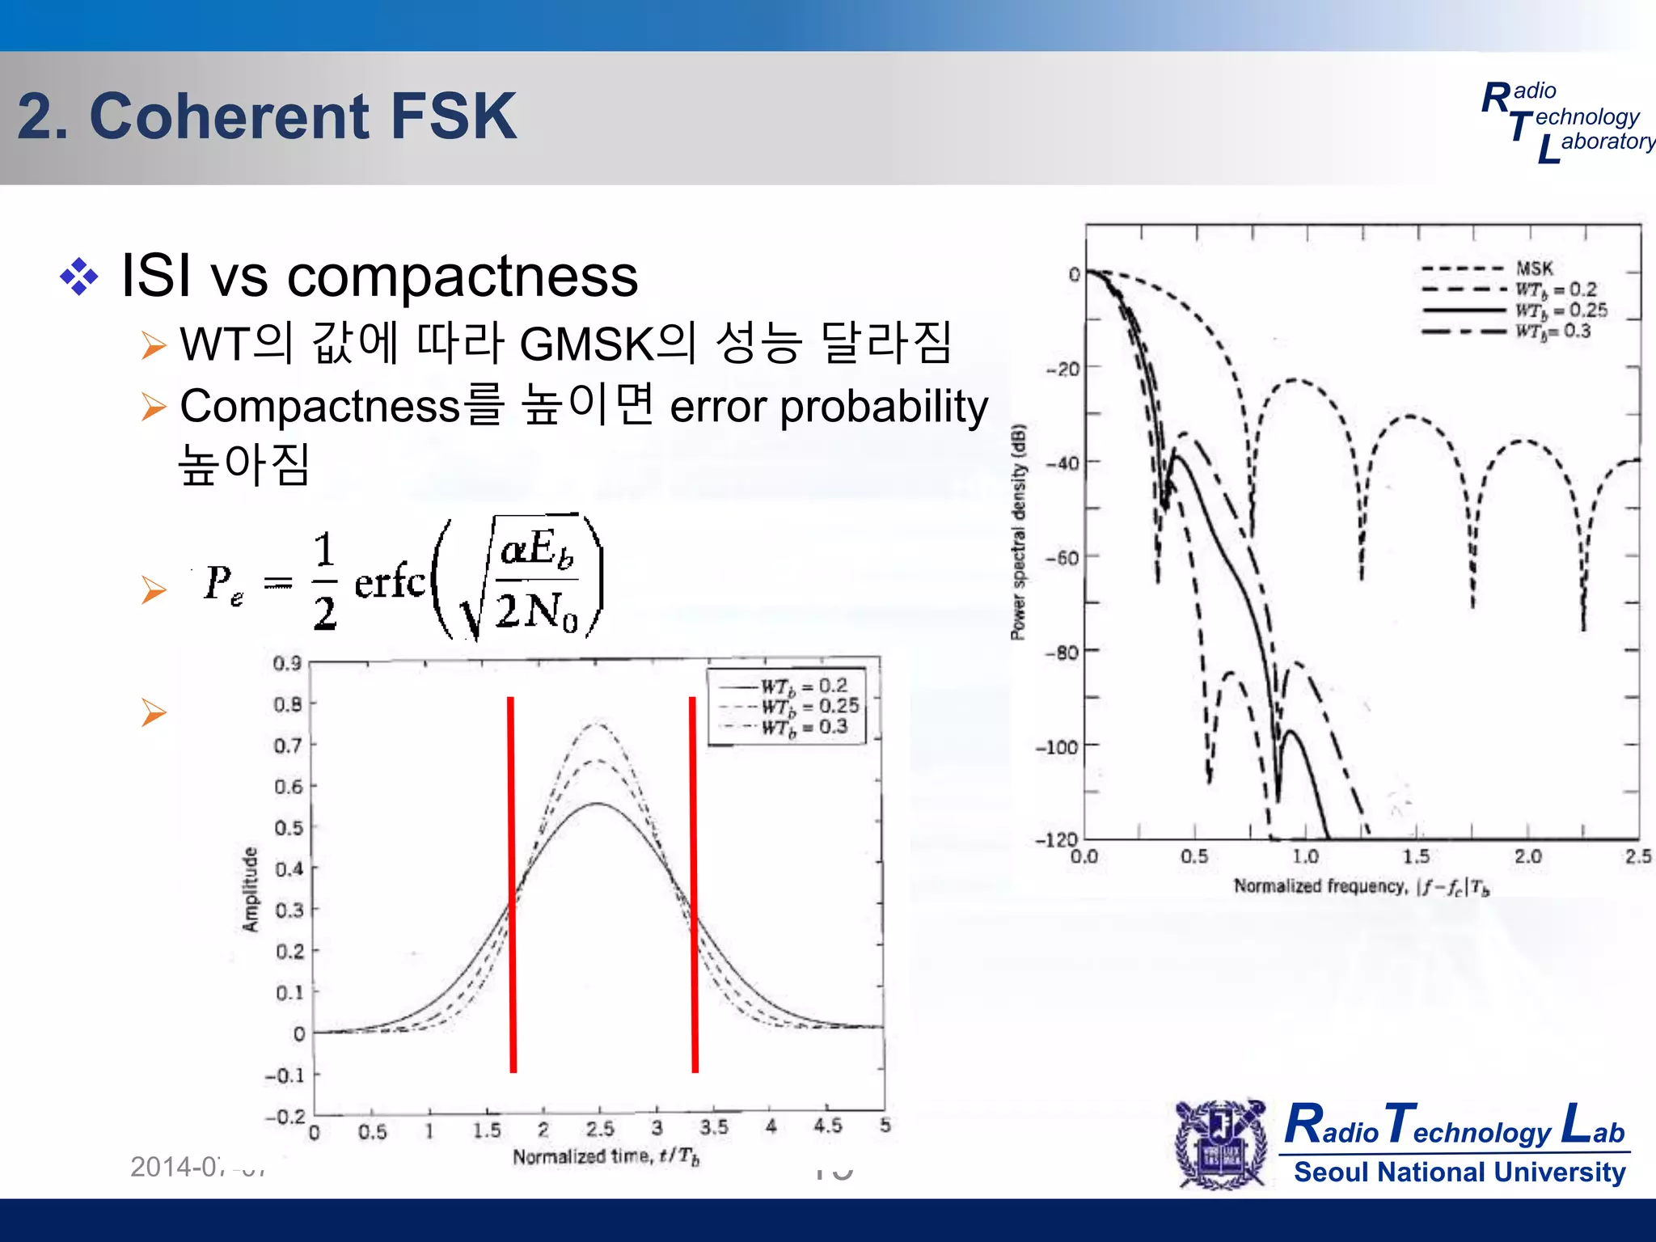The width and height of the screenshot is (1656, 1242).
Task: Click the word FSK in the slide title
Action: (x=453, y=116)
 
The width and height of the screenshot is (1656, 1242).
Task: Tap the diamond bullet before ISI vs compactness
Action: (x=79, y=277)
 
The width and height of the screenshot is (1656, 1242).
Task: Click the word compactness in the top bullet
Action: (x=463, y=277)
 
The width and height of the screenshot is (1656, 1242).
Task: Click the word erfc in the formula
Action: (x=389, y=581)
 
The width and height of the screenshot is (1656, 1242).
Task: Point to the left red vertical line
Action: (x=512, y=885)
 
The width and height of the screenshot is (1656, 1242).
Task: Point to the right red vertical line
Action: (x=694, y=885)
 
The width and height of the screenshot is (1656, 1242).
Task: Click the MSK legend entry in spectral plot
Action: (x=1534, y=268)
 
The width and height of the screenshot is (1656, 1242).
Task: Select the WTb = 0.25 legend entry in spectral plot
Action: (x=1561, y=310)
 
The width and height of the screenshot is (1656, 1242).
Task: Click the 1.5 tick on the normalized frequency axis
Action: (x=1416, y=856)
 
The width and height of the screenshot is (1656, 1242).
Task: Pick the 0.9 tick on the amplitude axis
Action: (x=287, y=664)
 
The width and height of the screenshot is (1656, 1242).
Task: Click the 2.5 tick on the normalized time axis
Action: (x=600, y=1129)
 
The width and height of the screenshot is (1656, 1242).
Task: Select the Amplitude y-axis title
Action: (x=251, y=889)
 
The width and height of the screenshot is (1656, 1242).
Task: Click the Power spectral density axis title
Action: (x=1018, y=532)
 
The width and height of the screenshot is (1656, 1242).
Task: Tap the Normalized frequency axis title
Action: (x=1361, y=887)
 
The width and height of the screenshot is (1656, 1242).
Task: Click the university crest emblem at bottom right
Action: (x=1222, y=1143)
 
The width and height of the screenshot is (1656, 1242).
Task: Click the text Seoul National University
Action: (x=1459, y=1172)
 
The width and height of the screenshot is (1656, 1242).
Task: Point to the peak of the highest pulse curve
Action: (x=597, y=724)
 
